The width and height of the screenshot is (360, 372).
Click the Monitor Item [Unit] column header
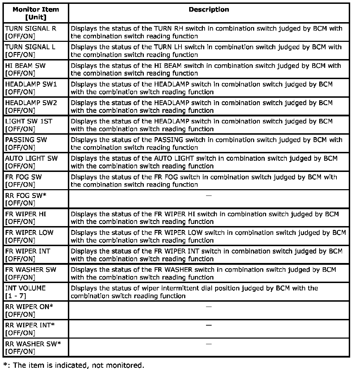36,13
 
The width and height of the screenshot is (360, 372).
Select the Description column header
209,10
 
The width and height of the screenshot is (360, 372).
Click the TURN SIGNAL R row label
31,28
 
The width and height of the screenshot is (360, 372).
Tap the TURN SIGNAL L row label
30,47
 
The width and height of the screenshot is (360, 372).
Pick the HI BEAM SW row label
25,65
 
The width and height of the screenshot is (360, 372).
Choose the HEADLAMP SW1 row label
31,84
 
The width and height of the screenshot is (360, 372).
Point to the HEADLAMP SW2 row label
31,103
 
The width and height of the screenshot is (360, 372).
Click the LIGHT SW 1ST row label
29,121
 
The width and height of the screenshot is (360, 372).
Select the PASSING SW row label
26,140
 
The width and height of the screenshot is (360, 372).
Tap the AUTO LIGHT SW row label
32,158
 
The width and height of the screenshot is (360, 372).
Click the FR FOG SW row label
24,177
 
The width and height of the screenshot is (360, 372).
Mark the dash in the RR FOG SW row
209,195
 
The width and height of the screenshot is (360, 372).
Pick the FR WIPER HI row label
26,214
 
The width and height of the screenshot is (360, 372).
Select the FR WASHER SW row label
31,269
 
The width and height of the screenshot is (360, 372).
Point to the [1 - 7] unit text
15,296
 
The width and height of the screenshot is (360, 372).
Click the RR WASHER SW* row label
33,344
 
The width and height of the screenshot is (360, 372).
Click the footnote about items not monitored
73,365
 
